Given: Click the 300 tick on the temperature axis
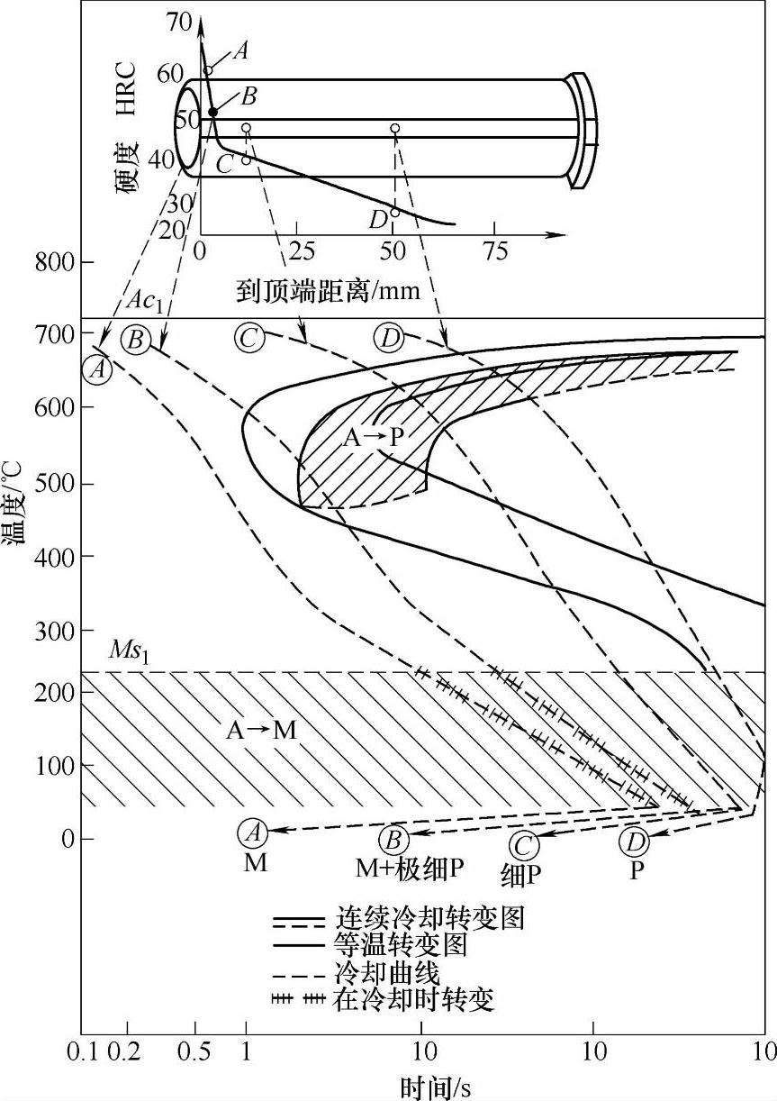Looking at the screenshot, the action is pos(56,631).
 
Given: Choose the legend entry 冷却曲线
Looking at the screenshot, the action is pos(387,973).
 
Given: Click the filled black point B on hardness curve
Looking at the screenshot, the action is pos(213,112).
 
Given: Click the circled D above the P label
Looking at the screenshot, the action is pos(635,843).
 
